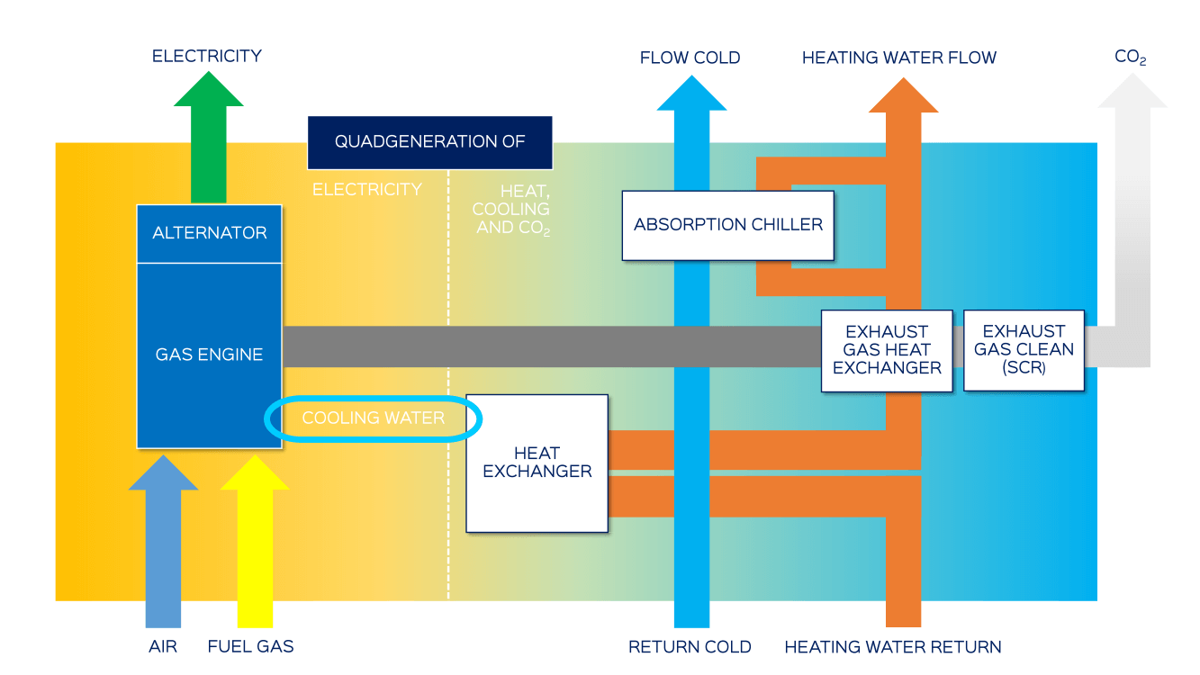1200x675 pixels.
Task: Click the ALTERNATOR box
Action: point(209,233)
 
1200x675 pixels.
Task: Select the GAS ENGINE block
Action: point(209,355)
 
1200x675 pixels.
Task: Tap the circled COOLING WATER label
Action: point(373,418)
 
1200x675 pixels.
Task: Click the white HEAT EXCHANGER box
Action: point(537,463)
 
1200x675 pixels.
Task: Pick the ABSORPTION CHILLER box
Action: point(727,225)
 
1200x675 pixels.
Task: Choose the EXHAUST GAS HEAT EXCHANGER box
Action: point(887,350)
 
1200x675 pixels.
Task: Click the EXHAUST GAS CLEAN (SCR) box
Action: point(1024,350)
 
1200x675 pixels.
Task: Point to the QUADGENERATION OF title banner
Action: point(429,142)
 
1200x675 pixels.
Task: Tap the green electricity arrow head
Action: point(209,90)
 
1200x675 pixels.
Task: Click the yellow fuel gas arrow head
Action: point(255,474)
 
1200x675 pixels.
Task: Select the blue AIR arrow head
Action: point(163,474)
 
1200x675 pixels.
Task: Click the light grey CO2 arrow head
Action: point(1132,92)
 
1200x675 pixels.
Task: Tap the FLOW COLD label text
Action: point(690,58)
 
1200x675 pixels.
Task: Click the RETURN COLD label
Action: point(690,647)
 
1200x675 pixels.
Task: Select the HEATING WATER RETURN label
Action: point(892,647)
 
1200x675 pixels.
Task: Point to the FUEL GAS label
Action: point(250,647)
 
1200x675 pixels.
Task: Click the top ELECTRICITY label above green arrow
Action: point(207,56)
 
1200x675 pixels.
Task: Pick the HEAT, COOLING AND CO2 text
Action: point(511,210)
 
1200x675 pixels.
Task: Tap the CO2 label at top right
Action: point(1131,58)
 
